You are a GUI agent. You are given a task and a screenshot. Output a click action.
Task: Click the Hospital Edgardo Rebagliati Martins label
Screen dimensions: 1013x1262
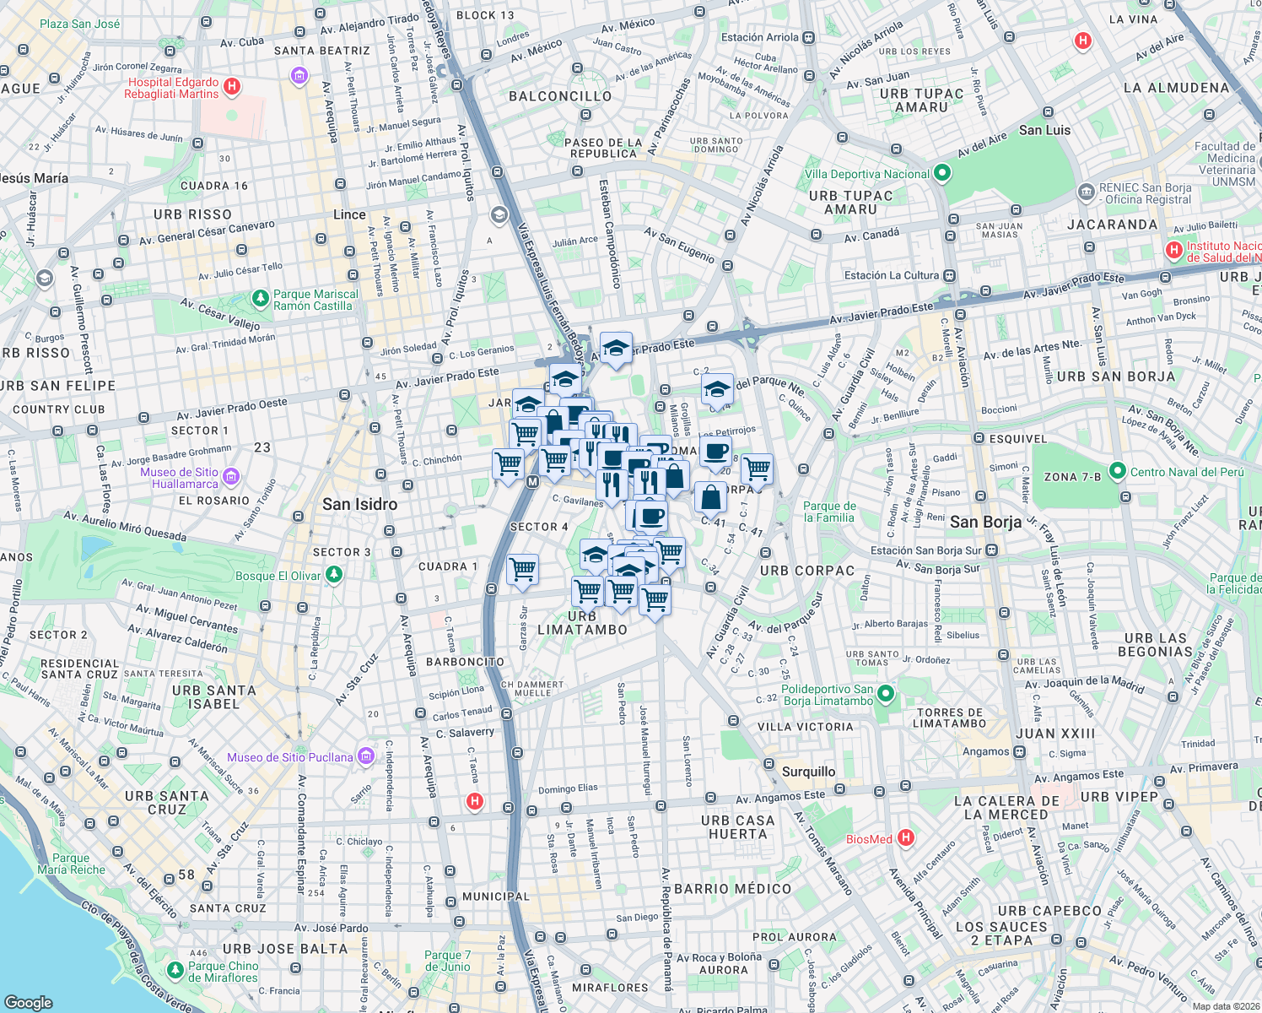pyautogui.click(x=173, y=88)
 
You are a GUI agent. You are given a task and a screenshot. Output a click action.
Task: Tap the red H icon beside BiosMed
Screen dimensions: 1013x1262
pyautogui.click(x=905, y=838)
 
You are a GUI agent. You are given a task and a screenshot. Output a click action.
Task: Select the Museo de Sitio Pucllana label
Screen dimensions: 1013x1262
pyautogui.click(x=289, y=757)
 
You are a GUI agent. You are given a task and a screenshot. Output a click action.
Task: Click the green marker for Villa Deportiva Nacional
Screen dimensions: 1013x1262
pyautogui.click(x=942, y=174)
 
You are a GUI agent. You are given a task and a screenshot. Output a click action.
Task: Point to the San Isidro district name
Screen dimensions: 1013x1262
pyautogui.click(x=359, y=505)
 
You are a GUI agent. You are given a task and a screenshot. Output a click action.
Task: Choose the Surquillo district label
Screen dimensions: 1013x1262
pyautogui.click(x=808, y=772)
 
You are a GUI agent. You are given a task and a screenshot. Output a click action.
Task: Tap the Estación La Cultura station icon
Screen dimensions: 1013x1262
pyautogui.click(x=950, y=275)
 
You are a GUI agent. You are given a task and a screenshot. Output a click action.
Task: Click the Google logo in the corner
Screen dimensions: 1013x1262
pyautogui.click(x=29, y=1002)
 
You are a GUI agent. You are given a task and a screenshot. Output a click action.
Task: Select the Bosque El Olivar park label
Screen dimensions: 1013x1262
pyautogui.click(x=278, y=576)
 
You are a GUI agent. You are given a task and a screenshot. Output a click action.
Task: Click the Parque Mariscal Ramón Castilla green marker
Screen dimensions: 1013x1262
pyautogui.click(x=261, y=299)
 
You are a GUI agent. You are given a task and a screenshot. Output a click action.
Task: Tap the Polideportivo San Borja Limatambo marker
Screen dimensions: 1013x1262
pyautogui.click(x=885, y=695)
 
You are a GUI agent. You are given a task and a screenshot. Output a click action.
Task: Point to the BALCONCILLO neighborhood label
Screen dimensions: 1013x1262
pyautogui.click(x=560, y=96)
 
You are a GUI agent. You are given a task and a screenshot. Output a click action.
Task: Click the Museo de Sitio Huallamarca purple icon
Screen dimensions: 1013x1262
pyautogui.click(x=230, y=478)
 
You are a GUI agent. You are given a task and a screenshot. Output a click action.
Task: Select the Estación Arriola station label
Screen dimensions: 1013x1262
pyautogui.click(x=759, y=37)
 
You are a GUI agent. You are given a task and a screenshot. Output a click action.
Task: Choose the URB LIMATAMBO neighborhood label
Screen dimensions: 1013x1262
pyautogui.click(x=582, y=623)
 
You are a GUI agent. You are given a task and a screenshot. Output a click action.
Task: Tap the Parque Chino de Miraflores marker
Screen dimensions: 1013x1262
pyautogui.click(x=175, y=971)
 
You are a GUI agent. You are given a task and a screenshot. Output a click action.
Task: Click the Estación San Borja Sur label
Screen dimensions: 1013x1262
pyautogui.click(x=925, y=550)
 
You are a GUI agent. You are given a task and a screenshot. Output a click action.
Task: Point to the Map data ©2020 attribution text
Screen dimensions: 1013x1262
pyautogui.click(x=1225, y=1006)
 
